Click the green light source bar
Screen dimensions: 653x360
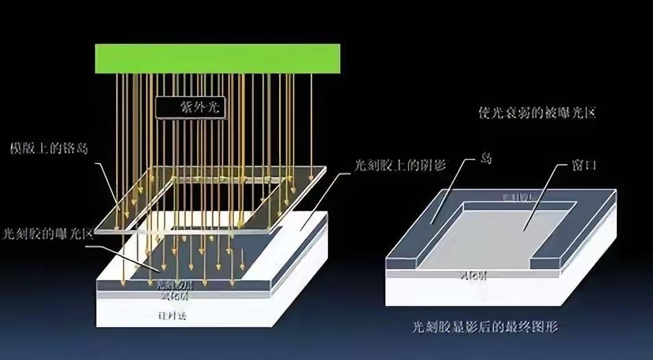point(218,57)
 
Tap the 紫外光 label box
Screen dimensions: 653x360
point(190,107)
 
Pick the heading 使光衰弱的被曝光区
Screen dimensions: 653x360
point(537,112)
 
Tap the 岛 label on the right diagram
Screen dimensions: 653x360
point(487,159)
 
